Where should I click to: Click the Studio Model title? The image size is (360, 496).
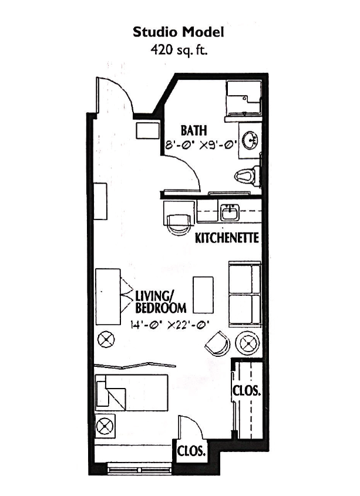click(179, 32)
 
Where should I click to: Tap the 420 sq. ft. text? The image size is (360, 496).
click(179, 50)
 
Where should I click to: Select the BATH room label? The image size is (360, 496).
click(194, 130)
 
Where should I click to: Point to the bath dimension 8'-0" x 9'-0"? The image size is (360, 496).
click(201, 145)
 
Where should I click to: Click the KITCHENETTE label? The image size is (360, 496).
click(227, 238)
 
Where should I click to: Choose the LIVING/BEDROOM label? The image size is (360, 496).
click(160, 302)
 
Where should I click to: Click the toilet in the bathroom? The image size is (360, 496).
click(247, 176)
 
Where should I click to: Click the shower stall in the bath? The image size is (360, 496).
click(244, 99)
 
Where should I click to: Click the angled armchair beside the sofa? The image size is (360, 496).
click(218, 345)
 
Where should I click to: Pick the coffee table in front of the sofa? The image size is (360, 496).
click(203, 295)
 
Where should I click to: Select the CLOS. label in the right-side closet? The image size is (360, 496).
click(247, 390)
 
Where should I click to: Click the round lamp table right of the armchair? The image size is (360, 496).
click(248, 343)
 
